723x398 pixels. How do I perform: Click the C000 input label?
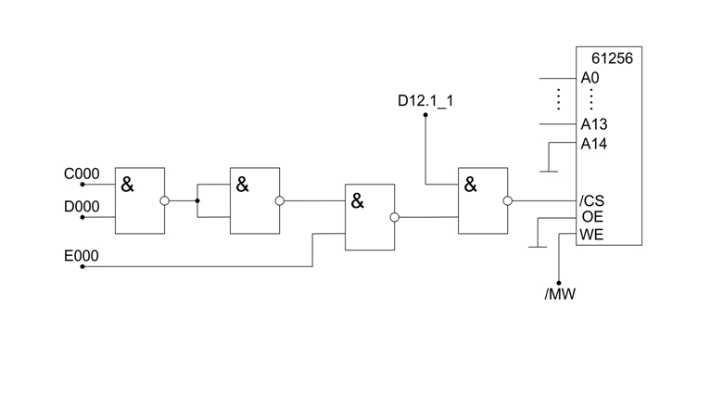pyautogui.click(x=82, y=173)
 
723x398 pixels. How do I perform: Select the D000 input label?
pyautogui.click(x=82, y=207)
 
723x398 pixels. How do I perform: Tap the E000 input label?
pyautogui.click(x=82, y=255)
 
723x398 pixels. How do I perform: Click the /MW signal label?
pyautogui.click(x=560, y=295)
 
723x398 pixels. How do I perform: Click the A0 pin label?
pyautogui.click(x=590, y=79)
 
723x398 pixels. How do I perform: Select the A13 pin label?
pyautogui.click(x=593, y=123)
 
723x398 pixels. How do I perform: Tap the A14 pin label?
pyautogui.click(x=593, y=144)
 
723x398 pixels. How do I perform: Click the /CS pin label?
pyautogui.click(x=591, y=200)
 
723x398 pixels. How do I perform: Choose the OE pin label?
pyautogui.click(x=591, y=216)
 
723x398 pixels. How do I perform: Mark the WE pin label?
pyautogui.click(x=591, y=234)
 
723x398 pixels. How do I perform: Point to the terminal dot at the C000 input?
pyautogui.click(x=82, y=185)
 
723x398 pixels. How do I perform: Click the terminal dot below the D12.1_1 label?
pyautogui.click(x=425, y=115)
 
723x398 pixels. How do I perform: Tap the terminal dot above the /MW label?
pyautogui.click(x=559, y=283)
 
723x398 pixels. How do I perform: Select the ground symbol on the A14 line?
pyautogui.click(x=549, y=171)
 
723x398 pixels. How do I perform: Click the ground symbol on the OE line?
pyautogui.click(x=537, y=247)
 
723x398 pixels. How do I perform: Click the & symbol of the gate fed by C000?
pyautogui.click(x=127, y=186)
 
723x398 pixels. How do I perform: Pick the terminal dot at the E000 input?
pyautogui.click(x=82, y=266)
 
